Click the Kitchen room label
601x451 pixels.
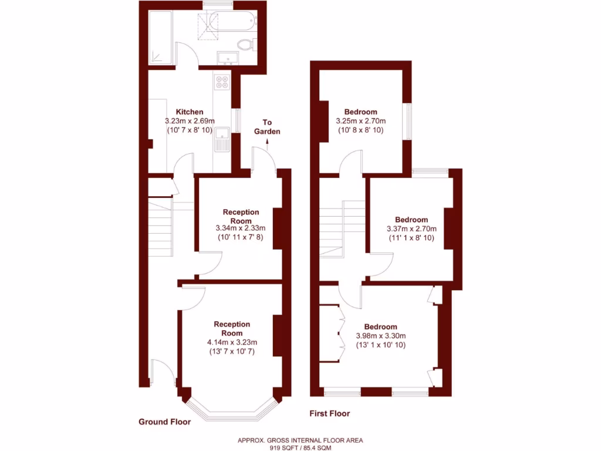coord(190,112)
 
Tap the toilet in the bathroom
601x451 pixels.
coord(245,44)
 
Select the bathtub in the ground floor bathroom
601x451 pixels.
coord(233,22)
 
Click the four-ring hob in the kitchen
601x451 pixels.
coord(222,82)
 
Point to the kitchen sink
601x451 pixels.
coord(222,140)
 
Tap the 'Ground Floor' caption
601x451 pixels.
coord(164,422)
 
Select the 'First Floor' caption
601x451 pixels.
coord(329,413)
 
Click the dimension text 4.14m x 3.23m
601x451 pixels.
coord(232,342)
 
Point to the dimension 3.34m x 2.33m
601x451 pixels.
coord(241,228)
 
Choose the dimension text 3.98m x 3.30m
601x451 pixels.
coord(380,336)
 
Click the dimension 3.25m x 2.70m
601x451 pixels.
coord(360,121)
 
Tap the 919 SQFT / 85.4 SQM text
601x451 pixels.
coord(300,447)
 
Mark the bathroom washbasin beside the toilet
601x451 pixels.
coord(227,58)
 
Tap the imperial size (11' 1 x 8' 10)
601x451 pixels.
coord(411,238)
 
